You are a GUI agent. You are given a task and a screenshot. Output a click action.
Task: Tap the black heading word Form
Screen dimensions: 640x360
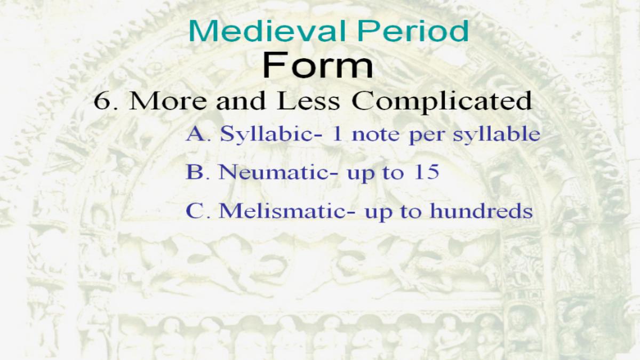317,65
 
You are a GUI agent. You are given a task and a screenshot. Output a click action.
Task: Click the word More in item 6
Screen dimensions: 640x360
167,101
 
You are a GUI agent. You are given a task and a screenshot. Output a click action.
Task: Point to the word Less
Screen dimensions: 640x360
308,101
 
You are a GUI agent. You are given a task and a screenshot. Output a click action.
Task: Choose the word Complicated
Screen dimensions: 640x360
442,102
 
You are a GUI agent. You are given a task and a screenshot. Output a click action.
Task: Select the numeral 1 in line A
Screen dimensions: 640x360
337,134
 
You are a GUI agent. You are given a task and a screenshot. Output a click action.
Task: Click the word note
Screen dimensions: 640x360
375,134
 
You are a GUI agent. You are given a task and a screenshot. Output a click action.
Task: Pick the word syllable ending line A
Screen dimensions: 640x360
497,135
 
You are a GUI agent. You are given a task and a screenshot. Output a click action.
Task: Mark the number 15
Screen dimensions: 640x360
426,172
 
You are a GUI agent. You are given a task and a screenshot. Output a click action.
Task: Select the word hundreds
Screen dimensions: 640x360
482,211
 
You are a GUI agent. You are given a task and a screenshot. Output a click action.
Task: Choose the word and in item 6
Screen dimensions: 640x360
241,101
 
